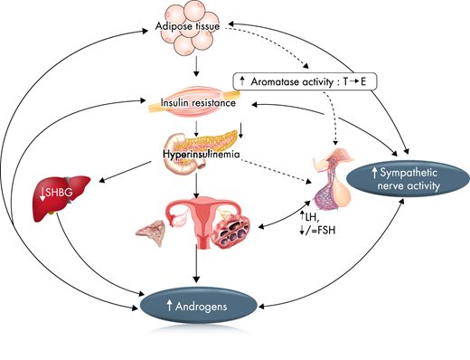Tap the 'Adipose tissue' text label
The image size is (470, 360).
[194, 41]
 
